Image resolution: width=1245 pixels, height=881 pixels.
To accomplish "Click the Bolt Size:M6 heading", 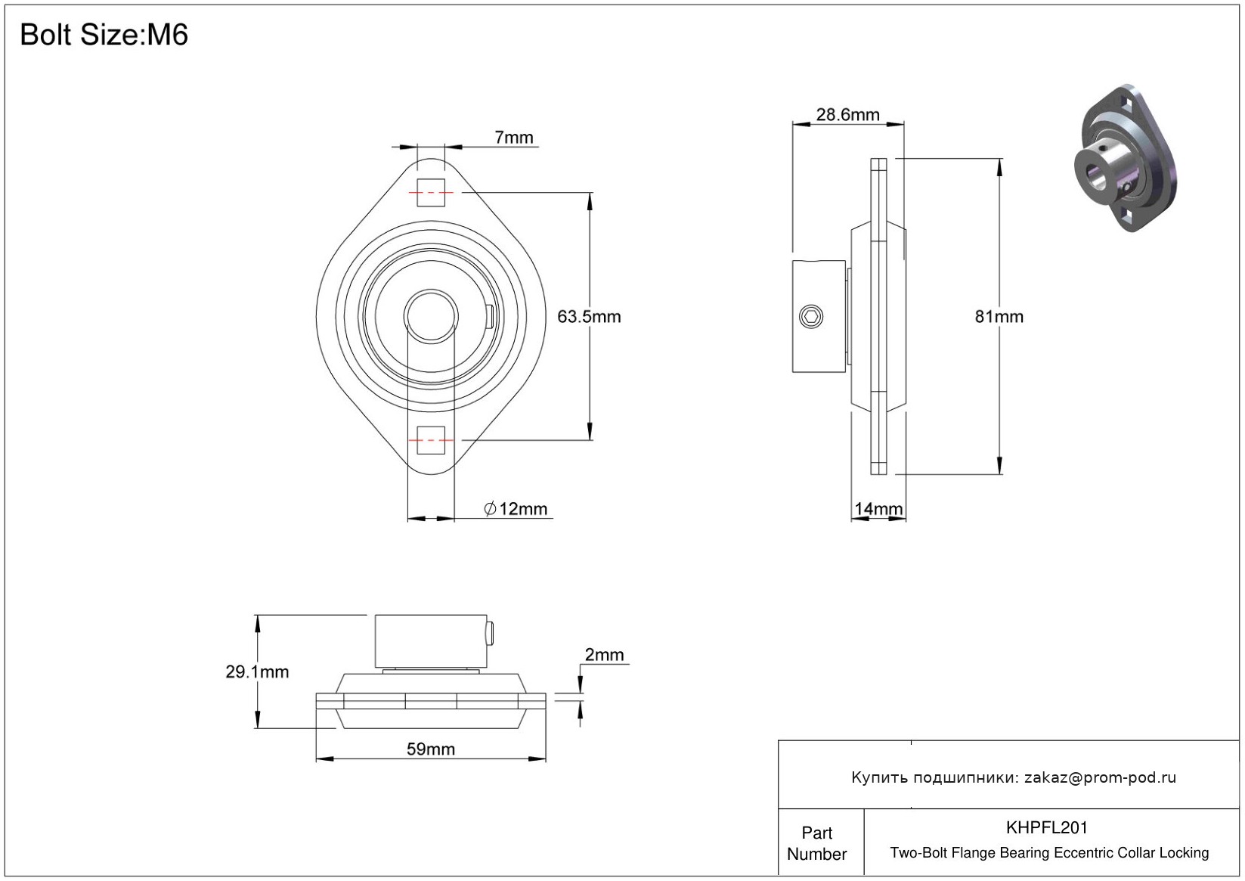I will [104, 35].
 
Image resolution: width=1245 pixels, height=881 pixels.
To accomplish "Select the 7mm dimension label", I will [514, 138].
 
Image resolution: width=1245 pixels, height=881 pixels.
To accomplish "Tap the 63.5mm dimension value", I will [589, 317].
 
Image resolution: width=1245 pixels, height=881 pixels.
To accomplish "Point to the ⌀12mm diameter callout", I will [516, 509].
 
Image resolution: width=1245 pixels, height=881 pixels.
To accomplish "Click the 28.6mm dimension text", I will [847, 115].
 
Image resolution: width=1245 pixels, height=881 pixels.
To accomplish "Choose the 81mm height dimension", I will [999, 317].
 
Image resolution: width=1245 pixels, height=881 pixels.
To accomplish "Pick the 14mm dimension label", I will [878, 509].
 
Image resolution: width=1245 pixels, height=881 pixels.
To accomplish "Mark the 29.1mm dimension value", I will [257, 672].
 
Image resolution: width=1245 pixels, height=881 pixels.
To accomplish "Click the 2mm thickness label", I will [604, 655].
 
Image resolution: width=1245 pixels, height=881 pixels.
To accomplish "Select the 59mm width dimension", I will [431, 749].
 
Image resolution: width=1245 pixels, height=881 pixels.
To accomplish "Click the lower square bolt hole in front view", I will [431, 439].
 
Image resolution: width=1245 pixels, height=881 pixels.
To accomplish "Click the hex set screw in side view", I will [810, 317].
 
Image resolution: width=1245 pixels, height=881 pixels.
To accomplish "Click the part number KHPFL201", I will [1047, 827].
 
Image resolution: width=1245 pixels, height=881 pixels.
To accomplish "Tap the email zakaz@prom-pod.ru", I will [1100, 777].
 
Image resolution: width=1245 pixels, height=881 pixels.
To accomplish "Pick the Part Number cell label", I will [817, 843].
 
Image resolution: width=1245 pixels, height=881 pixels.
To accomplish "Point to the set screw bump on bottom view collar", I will [491, 632].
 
